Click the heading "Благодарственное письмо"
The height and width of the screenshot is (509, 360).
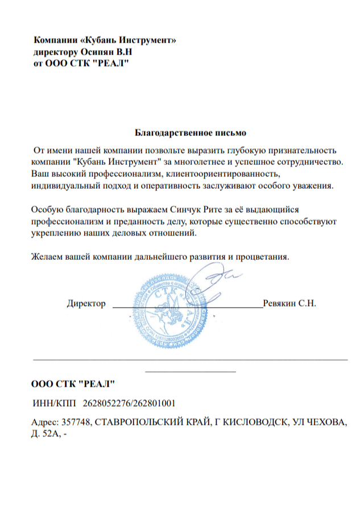point(191,133)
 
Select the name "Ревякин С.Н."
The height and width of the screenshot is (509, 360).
point(289,303)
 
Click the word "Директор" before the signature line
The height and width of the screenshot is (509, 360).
point(86,303)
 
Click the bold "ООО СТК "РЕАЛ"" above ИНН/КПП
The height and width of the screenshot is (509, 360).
point(73,384)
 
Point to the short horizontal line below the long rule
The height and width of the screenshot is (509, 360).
point(191,372)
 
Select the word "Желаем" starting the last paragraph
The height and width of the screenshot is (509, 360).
point(47,256)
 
